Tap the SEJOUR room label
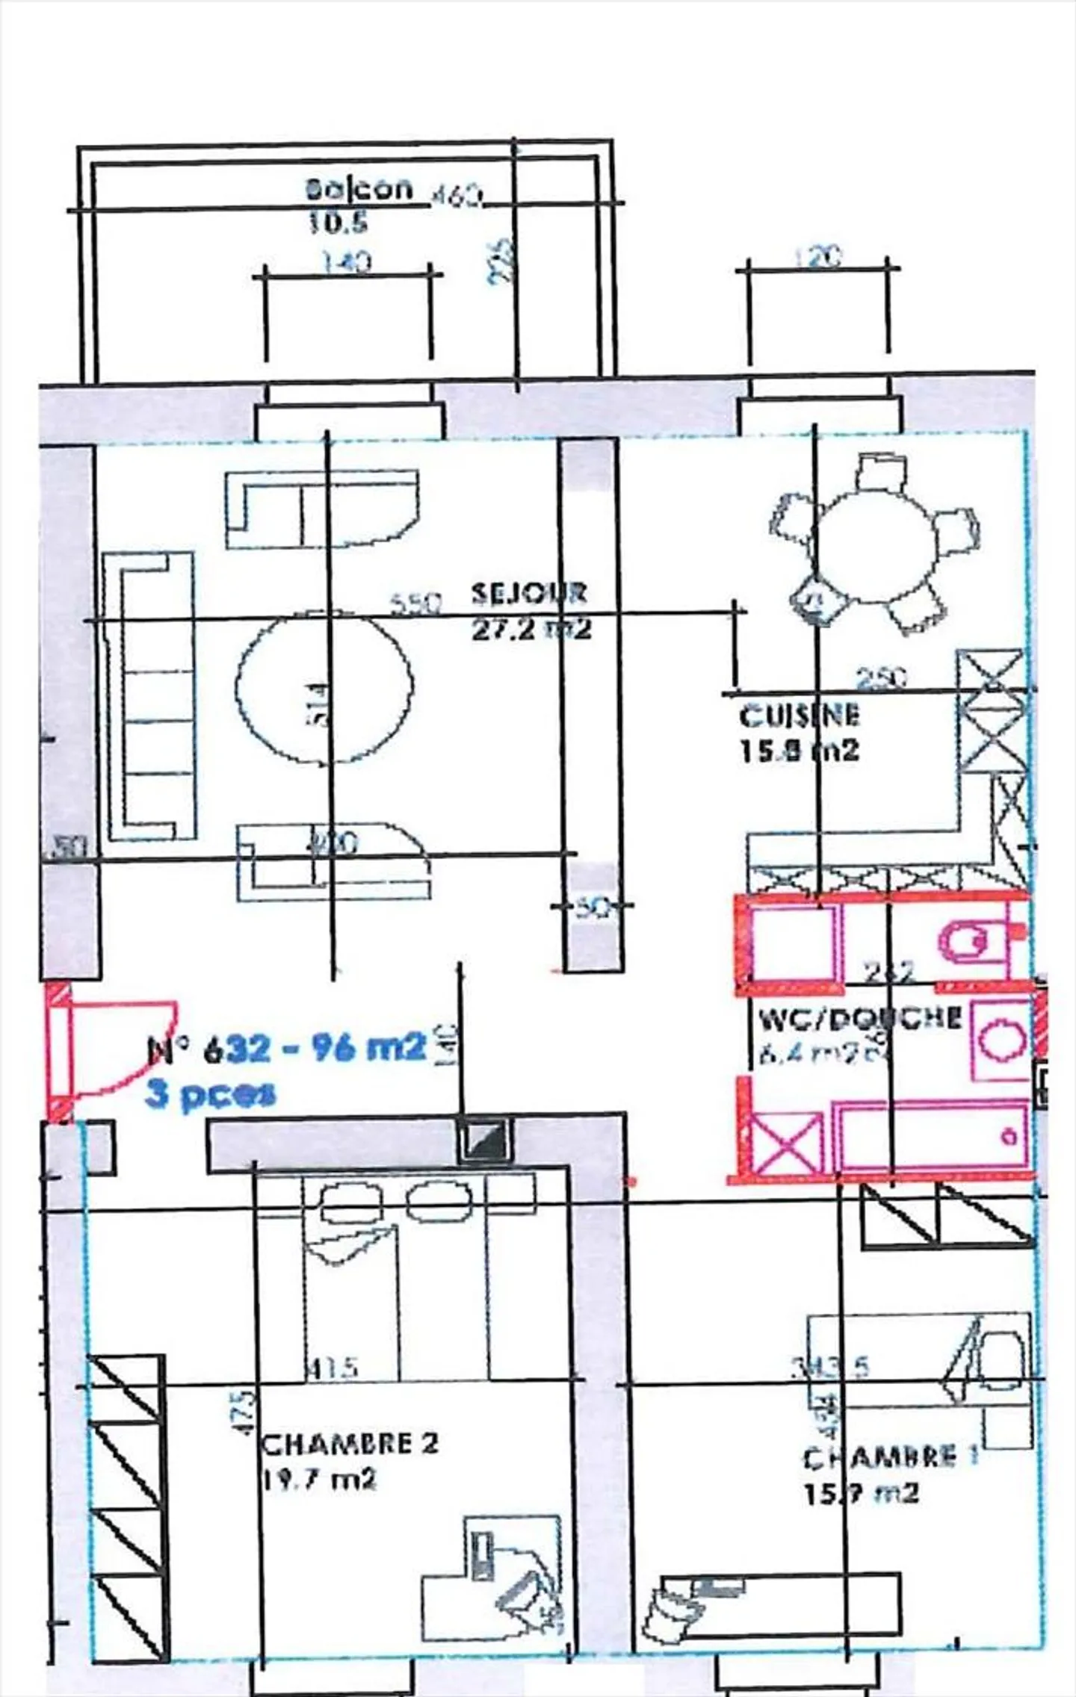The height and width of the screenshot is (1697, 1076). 528,593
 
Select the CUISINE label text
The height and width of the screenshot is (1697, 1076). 799,716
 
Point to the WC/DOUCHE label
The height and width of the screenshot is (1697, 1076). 859,1019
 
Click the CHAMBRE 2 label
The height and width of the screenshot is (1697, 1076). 349,1443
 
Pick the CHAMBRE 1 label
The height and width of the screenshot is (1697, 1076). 889,1456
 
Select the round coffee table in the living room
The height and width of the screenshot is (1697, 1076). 324,688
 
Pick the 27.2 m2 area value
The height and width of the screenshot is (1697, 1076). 531,629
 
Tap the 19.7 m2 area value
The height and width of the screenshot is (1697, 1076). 319,1479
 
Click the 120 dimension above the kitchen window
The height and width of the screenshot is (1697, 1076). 817,256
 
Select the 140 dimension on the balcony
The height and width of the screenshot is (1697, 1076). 346,262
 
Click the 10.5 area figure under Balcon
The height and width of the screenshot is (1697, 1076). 338,222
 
